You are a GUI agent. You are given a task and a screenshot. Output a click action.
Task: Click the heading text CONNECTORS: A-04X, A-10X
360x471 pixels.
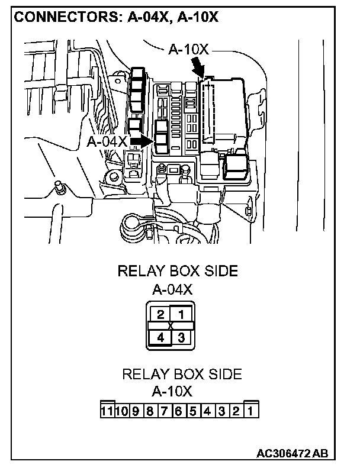116,17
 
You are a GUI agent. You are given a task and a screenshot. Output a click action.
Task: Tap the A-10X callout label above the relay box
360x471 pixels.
188,50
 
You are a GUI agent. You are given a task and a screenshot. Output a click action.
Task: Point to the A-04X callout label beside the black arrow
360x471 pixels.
107,141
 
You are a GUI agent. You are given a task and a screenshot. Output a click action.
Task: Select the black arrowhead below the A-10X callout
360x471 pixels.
200,72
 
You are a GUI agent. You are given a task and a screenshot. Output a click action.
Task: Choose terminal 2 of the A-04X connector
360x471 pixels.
160,314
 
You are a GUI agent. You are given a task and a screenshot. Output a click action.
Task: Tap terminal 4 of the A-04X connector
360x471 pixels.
160,338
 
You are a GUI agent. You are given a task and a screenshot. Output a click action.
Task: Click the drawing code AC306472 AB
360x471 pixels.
291,454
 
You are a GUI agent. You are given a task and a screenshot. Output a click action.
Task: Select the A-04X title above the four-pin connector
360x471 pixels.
172,290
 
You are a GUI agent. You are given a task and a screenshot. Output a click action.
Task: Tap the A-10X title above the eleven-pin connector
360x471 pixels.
172,391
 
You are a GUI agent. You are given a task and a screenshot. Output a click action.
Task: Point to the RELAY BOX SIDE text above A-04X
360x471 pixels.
178,272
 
